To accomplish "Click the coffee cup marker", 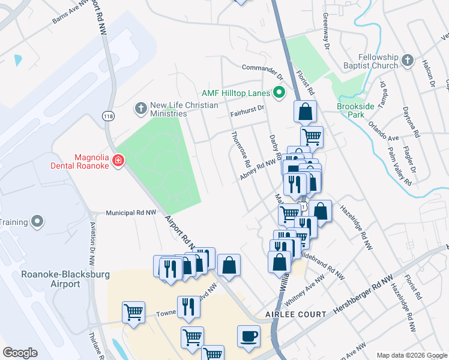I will (249, 336).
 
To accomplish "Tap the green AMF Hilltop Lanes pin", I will (279, 92).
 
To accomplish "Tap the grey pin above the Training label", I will (37, 221).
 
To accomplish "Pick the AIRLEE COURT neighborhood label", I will (296, 314).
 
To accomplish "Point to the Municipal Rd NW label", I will (131, 212).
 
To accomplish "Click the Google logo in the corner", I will (20, 353).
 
